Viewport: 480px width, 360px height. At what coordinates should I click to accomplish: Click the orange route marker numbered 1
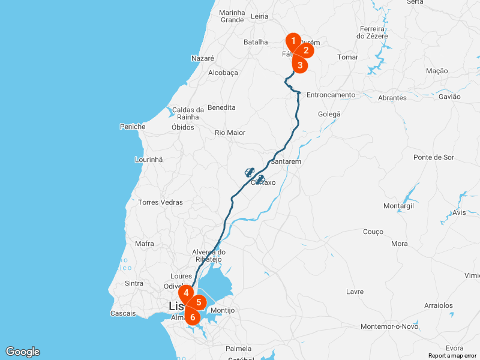click(x=293, y=41)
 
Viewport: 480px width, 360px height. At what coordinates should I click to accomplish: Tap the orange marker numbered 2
click(x=305, y=50)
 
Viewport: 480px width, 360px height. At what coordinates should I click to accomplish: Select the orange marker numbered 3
click(x=300, y=64)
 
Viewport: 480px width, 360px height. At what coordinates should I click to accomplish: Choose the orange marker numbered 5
click(x=199, y=302)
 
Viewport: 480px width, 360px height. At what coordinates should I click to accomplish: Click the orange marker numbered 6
click(x=192, y=316)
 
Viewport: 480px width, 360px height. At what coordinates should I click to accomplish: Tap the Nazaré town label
click(x=202, y=58)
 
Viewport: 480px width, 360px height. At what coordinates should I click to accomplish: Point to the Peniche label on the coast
click(x=133, y=127)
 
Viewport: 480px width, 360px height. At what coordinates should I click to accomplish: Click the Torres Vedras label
click(x=160, y=202)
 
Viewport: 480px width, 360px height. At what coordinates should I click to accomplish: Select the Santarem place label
click(x=286, y=162)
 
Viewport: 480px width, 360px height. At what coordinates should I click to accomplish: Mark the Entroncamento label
click(x=331, y=95)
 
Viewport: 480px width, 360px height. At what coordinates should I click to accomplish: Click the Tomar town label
click(x=348, y=57)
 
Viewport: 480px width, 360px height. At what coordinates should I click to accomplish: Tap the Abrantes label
click(x=392, y=98)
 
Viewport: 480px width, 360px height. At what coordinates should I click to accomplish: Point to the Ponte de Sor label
click(x=434, y=157)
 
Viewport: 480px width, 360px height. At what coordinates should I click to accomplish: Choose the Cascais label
click(x=124, y=313)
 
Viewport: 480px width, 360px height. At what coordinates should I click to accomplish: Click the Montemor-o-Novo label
click(x=389, y=326)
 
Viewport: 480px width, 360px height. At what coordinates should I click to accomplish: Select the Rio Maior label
click(x=230, y=133)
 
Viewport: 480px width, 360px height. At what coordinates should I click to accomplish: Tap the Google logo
click(x=22, y=352)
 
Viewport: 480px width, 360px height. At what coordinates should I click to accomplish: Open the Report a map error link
click(x=453, y=356)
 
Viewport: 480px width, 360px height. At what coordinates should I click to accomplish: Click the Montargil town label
click(x=398, y=206)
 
